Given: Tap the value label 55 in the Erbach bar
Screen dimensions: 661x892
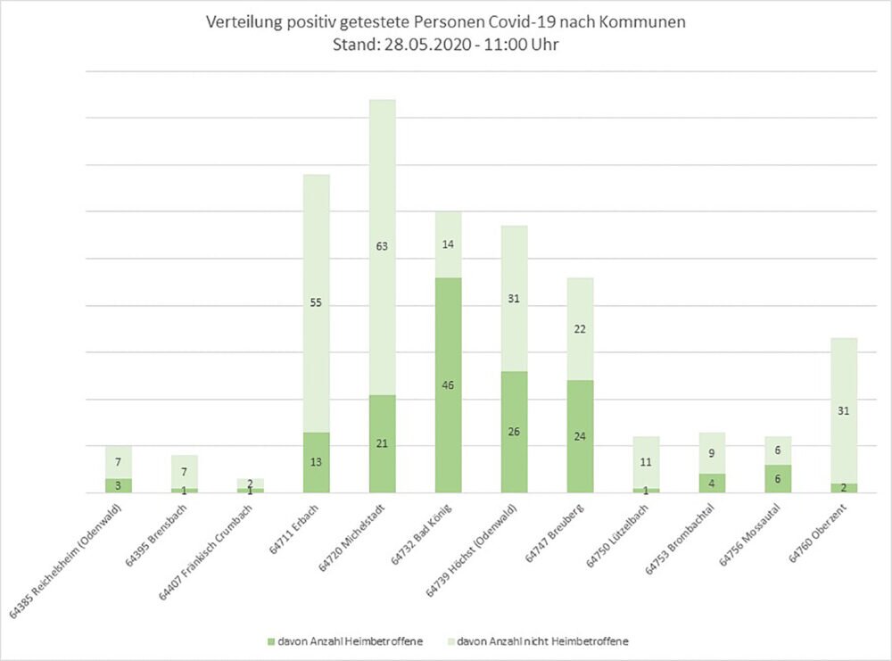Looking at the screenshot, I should pyautogui.click(x=317, y=303).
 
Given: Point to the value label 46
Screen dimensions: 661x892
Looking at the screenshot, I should pyautogui.click(x=448, y=385).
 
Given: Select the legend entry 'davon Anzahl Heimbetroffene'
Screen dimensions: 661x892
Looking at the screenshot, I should pyautogui.click(x=347, y=640).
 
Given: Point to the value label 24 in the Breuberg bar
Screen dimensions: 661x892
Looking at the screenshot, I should pyautogui.click(x=580, y=437).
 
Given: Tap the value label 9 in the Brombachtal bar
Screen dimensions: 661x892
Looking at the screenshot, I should pyautogui.click(x=712, y=452).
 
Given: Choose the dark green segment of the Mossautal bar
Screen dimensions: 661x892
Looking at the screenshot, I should pyautogui.click(x=778, y=479).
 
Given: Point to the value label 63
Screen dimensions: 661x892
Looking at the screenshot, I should pyautogui.click(x=382, y=246).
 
